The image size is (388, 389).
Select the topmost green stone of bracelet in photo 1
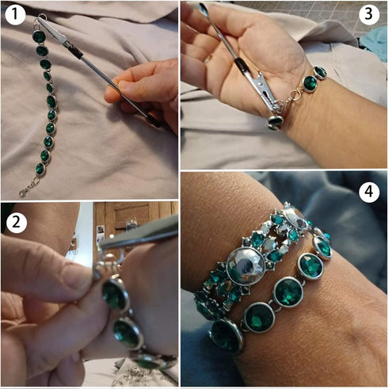[x=38, y=36]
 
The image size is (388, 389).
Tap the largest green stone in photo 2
[x=116, y=295]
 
